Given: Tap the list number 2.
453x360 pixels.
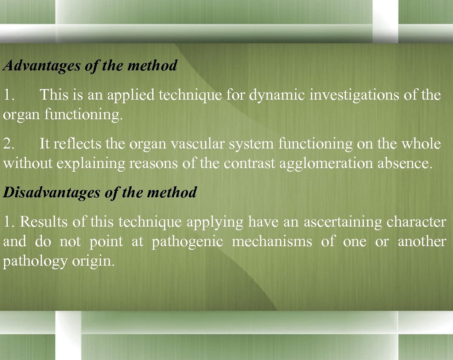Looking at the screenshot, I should pos(9,144).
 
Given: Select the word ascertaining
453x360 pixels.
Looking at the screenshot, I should pos(342,222).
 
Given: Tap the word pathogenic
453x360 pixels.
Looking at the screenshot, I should pos(187,242).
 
